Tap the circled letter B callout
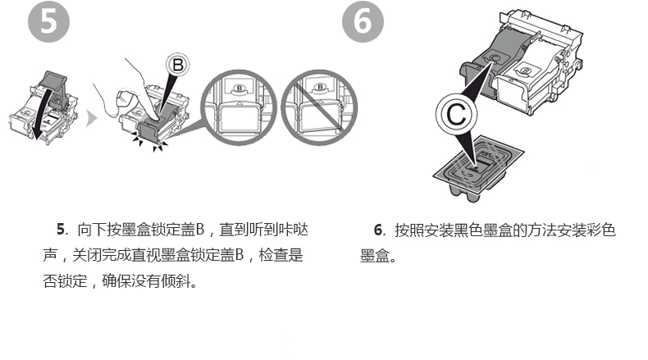tap(179, 63)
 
